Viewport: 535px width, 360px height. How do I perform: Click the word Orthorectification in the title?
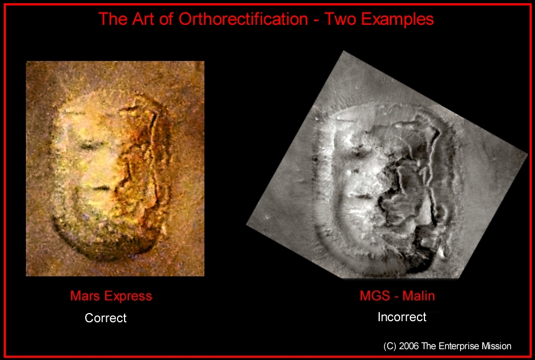click(x=243, y=19)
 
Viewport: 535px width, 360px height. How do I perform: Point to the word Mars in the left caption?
click(x=85, y=296)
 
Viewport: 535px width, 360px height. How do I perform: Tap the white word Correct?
click(x=105, y=318)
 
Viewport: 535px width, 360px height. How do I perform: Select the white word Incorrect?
click(x=402, y=317)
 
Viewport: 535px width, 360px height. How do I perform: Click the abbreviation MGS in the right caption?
click(x=375, y=296)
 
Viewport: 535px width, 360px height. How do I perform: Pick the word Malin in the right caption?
click(x=419, y=296)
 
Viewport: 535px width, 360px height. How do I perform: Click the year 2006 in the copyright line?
click(x=409, y=346)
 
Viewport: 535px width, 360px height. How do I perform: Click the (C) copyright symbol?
click(x=390, y=347)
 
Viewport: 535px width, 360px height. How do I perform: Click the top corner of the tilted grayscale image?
click(x=344, y=51)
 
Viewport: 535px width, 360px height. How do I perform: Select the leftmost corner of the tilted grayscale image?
click(x=246, y=225)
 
